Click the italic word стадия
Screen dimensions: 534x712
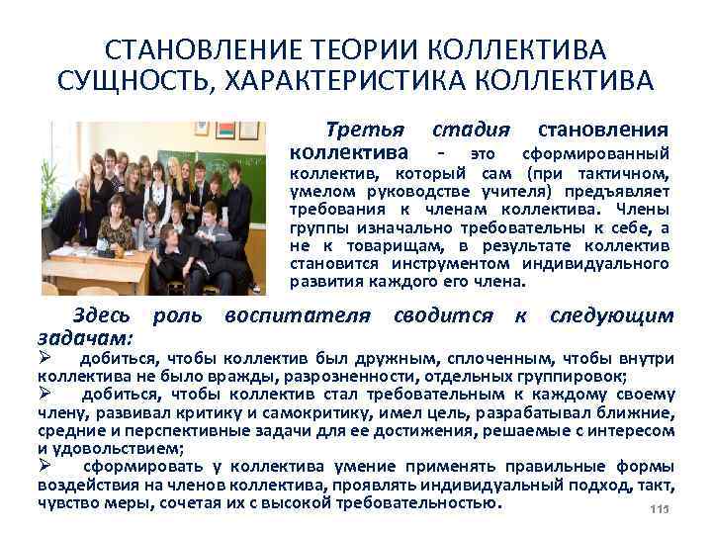(471, 130)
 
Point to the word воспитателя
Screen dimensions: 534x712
(297, 315)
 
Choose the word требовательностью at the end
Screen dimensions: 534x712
(420, 502)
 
